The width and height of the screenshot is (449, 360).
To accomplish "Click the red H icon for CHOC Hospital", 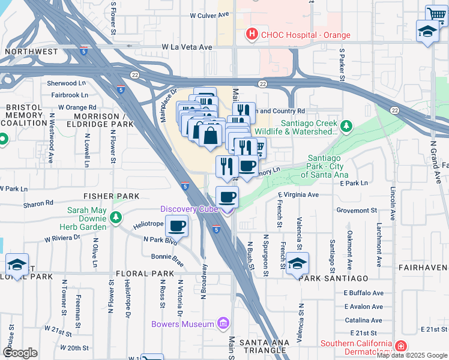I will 253,35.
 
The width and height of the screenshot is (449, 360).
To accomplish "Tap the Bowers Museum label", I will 189,325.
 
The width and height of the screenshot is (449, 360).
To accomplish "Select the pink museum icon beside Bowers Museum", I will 223,325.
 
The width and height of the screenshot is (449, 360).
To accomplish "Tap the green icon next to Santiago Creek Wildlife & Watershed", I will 346,127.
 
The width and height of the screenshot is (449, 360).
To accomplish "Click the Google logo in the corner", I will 20,353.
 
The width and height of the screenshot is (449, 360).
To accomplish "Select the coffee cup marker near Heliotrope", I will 176,226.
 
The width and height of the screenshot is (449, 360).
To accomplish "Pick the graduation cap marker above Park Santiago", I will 298,263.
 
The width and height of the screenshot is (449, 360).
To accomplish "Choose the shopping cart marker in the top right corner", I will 436,15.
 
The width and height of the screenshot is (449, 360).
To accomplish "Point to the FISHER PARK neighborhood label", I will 111,196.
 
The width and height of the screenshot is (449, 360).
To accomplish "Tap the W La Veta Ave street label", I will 187,47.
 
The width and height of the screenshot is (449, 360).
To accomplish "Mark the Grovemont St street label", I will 356,211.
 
